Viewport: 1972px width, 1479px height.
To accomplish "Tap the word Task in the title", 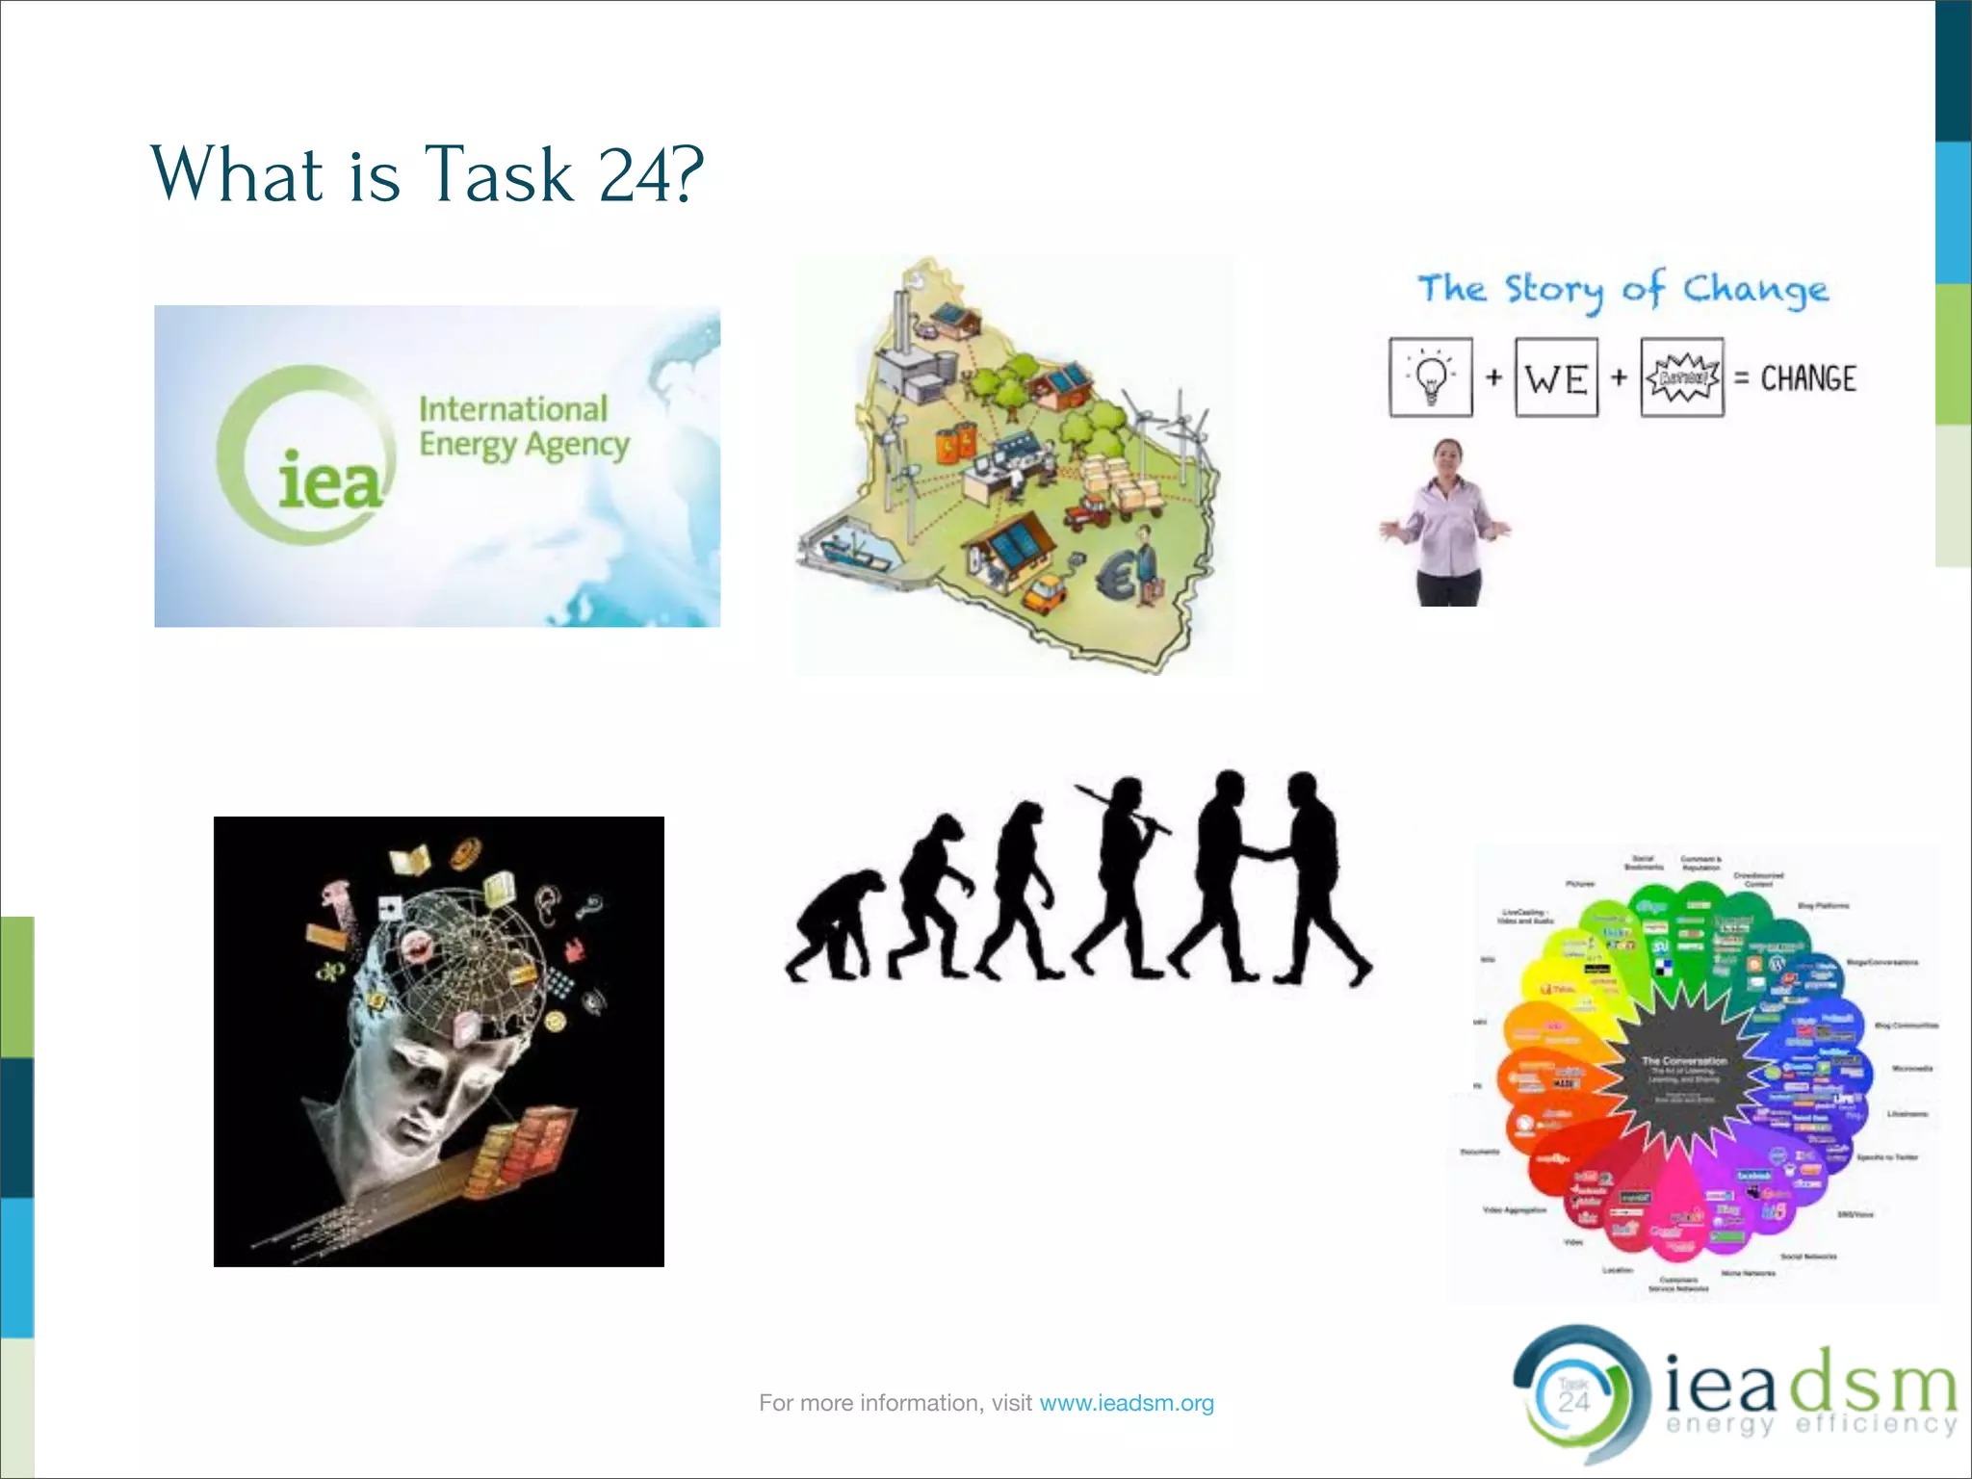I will click(500, 175).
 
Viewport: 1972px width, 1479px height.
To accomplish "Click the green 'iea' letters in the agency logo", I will click(329, 481).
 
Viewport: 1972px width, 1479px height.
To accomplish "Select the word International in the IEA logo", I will click(513, 409).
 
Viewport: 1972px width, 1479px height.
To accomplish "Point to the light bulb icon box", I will click(1431, 377).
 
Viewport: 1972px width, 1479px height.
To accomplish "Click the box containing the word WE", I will click(1556, 377).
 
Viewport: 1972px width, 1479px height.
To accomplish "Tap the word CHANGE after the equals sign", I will click(1807, 378).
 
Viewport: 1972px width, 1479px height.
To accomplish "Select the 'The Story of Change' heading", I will click(1622, 289).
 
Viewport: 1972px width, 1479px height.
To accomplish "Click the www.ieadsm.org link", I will click(1127, 1403).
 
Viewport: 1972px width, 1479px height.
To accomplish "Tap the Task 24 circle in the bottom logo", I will click(1573, 1395).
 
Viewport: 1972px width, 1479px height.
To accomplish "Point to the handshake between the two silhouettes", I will click(1262, 853).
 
